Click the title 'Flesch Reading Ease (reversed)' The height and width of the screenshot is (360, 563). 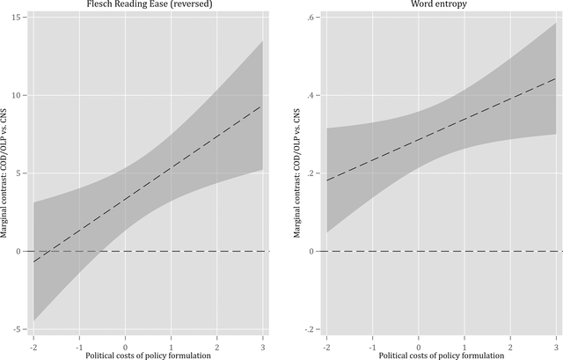tap(148, 5)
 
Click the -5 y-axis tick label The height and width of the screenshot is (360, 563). tap(18, 329)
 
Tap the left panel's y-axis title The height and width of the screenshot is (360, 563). tap(4, 173)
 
